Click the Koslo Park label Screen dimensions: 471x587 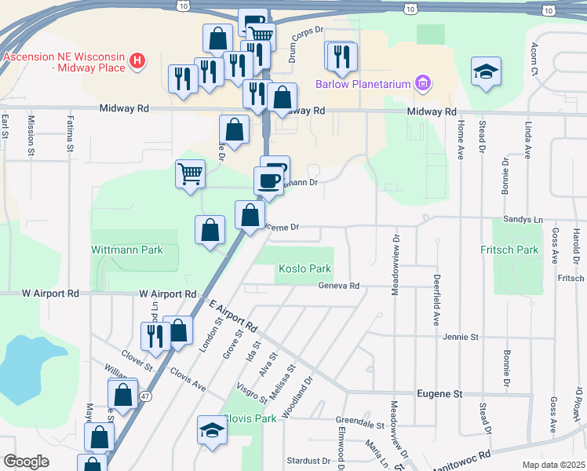304,268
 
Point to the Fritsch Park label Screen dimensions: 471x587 509,250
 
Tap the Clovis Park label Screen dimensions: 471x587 250,418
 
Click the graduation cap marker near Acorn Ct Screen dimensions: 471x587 486,71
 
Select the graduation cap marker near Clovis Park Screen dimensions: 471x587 211,430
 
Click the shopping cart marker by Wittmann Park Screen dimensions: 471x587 190,173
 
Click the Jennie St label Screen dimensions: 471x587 461,337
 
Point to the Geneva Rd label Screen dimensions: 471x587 338,286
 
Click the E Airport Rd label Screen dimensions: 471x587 233,314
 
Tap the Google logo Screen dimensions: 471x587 26,462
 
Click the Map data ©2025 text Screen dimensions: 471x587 553,465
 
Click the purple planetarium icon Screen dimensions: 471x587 423,82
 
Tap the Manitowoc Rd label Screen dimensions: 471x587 461,455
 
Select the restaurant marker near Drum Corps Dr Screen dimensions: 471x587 341,56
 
